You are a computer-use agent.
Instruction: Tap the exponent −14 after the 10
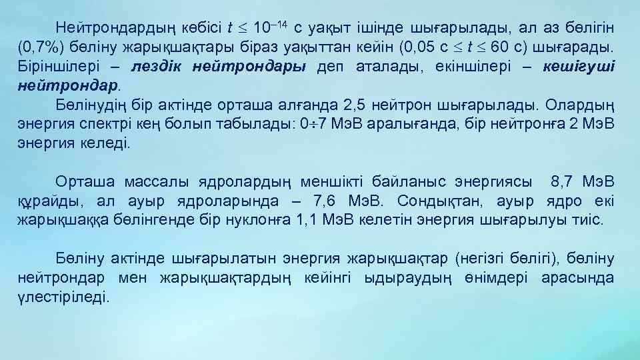point(280,25)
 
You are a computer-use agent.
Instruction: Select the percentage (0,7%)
point(40,48)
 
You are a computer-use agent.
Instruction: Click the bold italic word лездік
point(159,67)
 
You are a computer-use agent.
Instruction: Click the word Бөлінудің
point(89,105)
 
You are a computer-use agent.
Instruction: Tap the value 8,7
point(563,182)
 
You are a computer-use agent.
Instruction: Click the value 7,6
point(335,201)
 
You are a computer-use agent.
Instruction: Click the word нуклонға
point(264,221)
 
